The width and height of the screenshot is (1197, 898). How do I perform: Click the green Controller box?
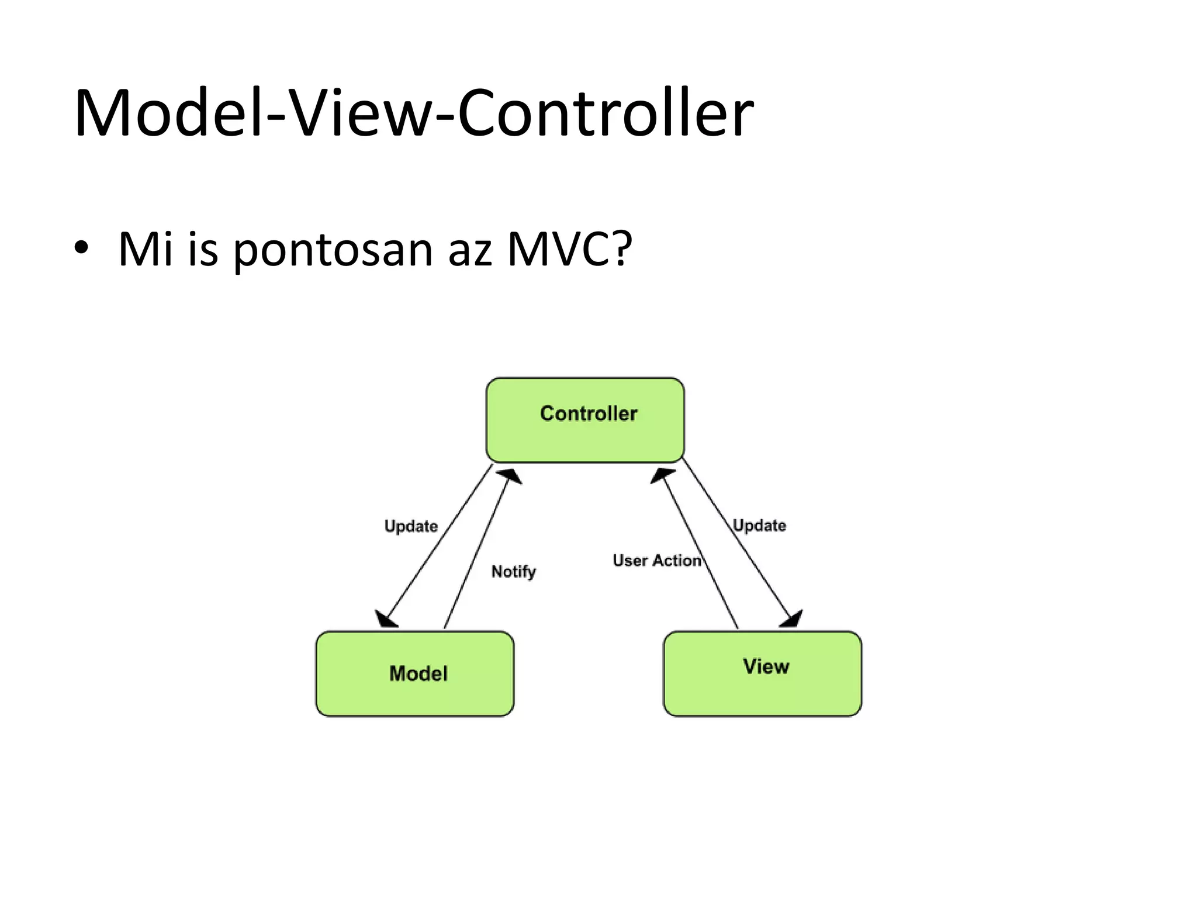tap(585, 420)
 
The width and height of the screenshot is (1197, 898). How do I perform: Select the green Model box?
tap(414, 673)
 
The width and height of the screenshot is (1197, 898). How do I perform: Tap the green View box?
tap(762, 673)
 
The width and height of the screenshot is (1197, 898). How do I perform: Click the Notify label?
tap(513, 571)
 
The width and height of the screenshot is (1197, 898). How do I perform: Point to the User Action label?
tap(656, 560)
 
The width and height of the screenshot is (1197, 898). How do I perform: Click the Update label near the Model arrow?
tap(411, 526)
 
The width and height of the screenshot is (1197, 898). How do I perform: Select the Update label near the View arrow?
tap(759, 525)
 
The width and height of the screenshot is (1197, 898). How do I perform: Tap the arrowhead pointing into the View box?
tap(793, 619)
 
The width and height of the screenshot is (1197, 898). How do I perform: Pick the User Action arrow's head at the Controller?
tap(662, 475)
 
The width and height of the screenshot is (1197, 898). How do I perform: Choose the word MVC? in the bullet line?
tap(569, 249)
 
